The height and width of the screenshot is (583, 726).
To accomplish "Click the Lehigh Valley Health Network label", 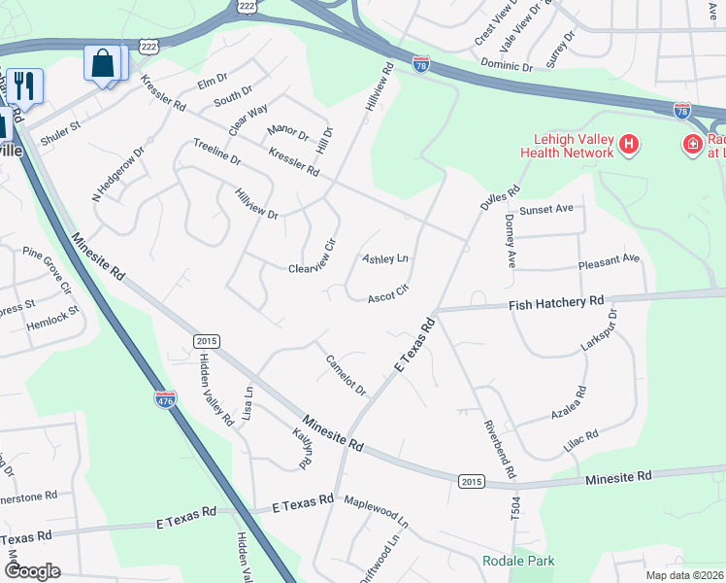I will [567, 146].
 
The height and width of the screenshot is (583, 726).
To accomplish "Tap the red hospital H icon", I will [629, 146].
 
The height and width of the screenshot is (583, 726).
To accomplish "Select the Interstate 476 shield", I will [164, 398].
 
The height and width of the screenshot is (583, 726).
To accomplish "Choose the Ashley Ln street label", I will [385, 258].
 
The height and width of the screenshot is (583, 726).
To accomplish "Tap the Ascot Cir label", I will [386, 293].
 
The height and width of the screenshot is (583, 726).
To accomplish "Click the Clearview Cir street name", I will [312, 258].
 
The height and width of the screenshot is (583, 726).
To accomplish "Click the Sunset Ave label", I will [546, 209].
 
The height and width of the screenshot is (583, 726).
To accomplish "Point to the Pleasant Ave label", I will [609, 259].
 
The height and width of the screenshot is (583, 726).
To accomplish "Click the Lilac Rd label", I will [580, 442].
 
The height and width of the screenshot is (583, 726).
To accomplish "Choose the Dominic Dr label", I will [508, 66].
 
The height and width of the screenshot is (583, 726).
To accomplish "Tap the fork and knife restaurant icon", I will [24, 85].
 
